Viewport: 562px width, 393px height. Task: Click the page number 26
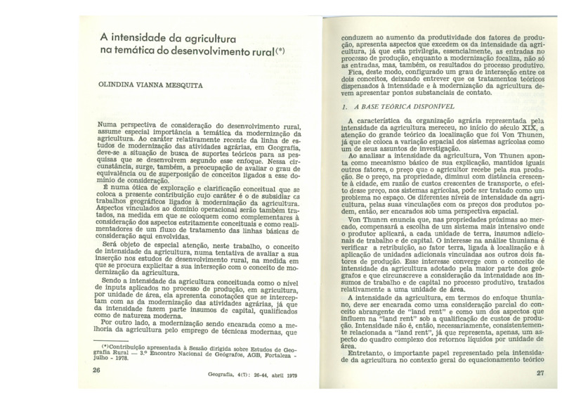pos(97,369)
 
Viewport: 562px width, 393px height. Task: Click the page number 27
pos(540,373)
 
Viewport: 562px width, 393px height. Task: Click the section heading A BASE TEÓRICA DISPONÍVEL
pos(402,107)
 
